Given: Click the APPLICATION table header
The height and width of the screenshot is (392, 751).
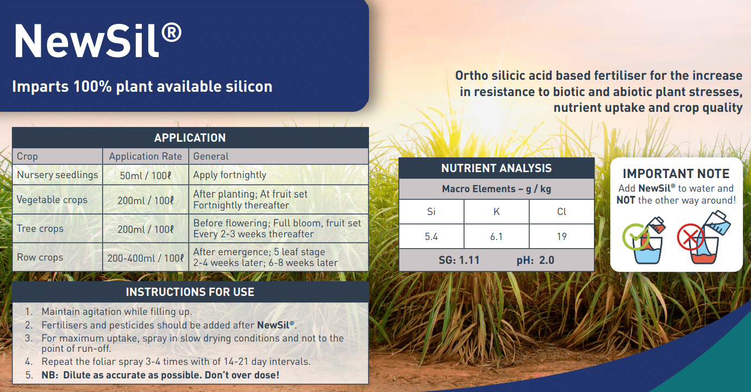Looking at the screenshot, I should tap(190, 138).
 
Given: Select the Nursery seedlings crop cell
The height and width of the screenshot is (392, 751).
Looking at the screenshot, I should tap(58, 175).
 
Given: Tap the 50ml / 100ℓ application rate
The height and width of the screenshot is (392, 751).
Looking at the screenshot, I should tap(146, 175).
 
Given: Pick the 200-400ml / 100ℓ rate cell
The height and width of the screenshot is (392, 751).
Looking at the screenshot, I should tap(146, 258).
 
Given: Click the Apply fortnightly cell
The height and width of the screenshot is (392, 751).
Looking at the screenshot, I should tap(230, 175).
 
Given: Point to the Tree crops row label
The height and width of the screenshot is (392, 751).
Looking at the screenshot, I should tap(40, 229).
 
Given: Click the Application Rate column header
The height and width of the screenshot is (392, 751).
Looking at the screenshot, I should tap(146, 156).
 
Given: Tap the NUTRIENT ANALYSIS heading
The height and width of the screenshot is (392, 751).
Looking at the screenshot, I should tap(496, 168).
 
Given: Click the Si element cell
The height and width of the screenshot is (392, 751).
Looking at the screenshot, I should tap(431, 212).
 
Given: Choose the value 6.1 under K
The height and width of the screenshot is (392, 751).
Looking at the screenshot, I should tap(496, 236).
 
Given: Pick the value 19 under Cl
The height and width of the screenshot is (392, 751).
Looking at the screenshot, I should tap(561, 236).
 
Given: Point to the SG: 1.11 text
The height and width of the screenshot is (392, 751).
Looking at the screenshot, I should tap(459, 260).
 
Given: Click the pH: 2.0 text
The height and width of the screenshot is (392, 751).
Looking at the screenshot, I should tap(535, 260).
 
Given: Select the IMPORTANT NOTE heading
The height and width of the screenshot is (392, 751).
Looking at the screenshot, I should tap(676, 174).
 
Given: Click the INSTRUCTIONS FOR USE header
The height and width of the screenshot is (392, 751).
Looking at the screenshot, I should tap(190, 292).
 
